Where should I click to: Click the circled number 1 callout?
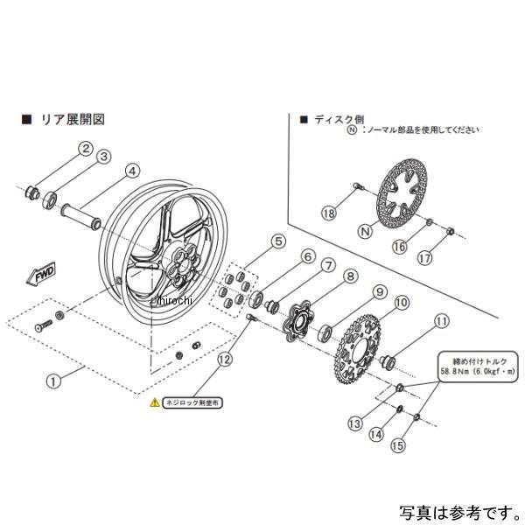coord(54,381)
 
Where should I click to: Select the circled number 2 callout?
coord(86,148)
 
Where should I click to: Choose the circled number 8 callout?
coord(350,277)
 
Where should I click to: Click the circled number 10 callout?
coord(402,304)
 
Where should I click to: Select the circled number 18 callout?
coord(328,213)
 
